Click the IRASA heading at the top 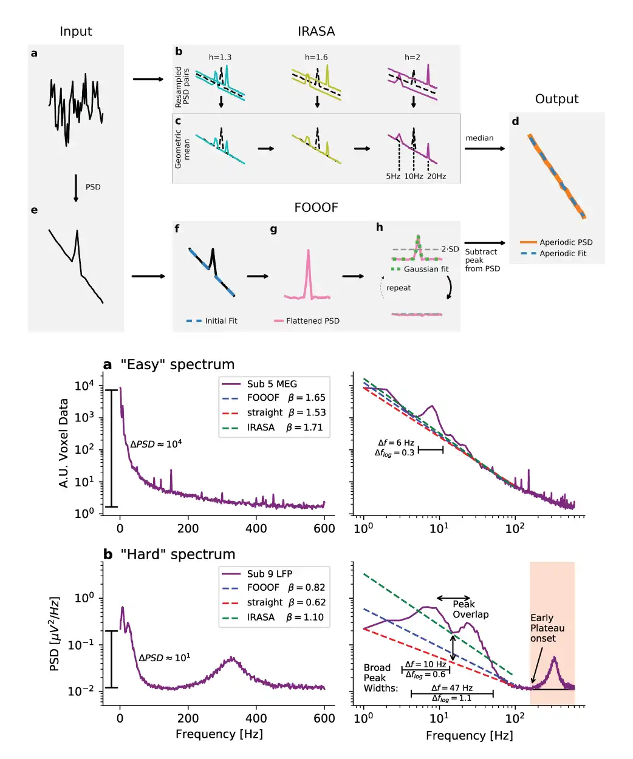coord(316,32)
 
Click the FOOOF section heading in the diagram coord(316,208)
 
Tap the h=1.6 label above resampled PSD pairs coord(316,58)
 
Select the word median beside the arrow coord(479,138)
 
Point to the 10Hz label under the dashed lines coord(414,177)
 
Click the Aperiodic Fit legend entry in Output coord(563,254)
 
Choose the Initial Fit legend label coord(221,321)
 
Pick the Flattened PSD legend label coord(312,321)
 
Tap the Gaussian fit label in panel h coord(426,270)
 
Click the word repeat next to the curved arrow coord(399,288)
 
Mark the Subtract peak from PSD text coord(482,260)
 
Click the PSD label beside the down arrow coord(93,187)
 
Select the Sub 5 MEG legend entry coord(272,384)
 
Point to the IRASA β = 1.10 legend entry coord(285,618)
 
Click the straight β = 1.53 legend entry coord(286,413)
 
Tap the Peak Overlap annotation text coord(470,609)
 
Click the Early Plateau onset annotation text coord(547,628)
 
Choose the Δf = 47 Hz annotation coord(452,688)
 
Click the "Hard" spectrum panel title coord(177,555)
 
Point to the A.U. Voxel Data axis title coord(64,443)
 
